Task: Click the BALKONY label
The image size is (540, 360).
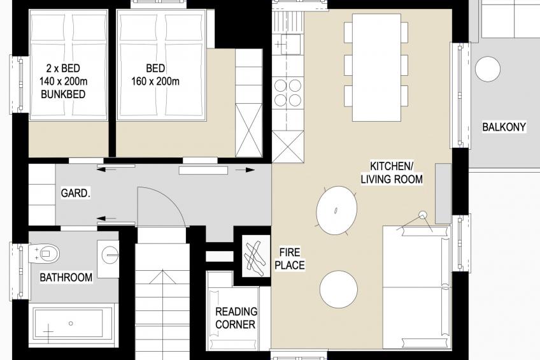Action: [x=504, y=127]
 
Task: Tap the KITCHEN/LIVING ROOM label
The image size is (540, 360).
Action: [x=392, y=173]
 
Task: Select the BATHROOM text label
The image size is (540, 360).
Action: [x=66, y=277]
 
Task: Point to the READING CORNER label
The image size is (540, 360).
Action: [x=236, y=318]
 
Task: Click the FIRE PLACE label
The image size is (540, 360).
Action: [x=290, y=259]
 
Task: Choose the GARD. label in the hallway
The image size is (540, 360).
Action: [x=75, y=193]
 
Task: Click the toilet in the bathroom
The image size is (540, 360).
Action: [x=45, y=254]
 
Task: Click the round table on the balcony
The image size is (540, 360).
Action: [x=488, y=69]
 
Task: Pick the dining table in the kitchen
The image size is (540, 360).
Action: [x=376, y=68]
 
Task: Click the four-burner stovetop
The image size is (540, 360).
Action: [x=288, y=92]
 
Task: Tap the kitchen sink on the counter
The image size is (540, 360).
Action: [x=290, y=44]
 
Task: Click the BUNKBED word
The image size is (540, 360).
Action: [x=63, y=94]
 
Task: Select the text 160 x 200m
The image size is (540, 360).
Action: [x=155, y=82]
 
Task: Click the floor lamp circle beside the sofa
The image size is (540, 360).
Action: [x=423, y=215]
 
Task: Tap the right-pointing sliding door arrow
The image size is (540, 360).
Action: [x=245, y=170]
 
